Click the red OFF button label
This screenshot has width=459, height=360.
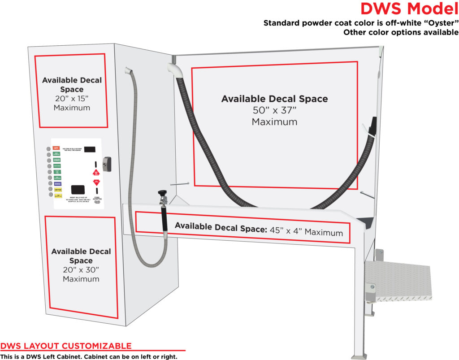pos(56,148)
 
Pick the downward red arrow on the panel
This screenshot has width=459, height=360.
pos(95,182)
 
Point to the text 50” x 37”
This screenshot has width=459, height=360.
pos(274,110)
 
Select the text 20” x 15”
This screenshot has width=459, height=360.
pos(72,99)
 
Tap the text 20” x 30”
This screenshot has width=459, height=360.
pos(81,270)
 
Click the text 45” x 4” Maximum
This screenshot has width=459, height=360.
pos(306,232)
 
